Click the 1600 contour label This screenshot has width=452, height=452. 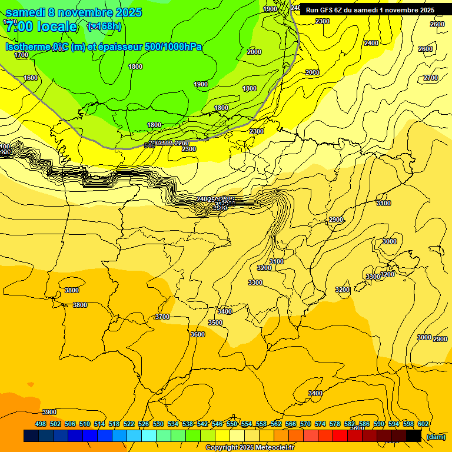[x=31, y=78]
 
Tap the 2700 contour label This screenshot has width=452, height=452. [x=431, y=78]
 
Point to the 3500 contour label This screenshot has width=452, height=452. [x=215, y=323]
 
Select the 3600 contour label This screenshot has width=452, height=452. [x=198, y=334]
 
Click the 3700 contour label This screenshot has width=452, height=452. [x=162, y=317]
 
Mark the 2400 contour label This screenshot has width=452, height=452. [x=371, y=43]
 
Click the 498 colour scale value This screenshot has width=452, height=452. [x=41, y=424]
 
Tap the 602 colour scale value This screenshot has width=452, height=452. [x=423, y=424]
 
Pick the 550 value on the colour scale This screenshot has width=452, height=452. [x=232, y=424]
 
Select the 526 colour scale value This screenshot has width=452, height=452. [x=144, y=424]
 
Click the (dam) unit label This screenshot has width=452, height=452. [x=436, y=437]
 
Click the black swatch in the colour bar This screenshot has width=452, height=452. [x=414, y=436]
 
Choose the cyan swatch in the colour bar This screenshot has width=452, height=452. [x=149, y=436]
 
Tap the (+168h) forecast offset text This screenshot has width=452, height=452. [x=104, y=26]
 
